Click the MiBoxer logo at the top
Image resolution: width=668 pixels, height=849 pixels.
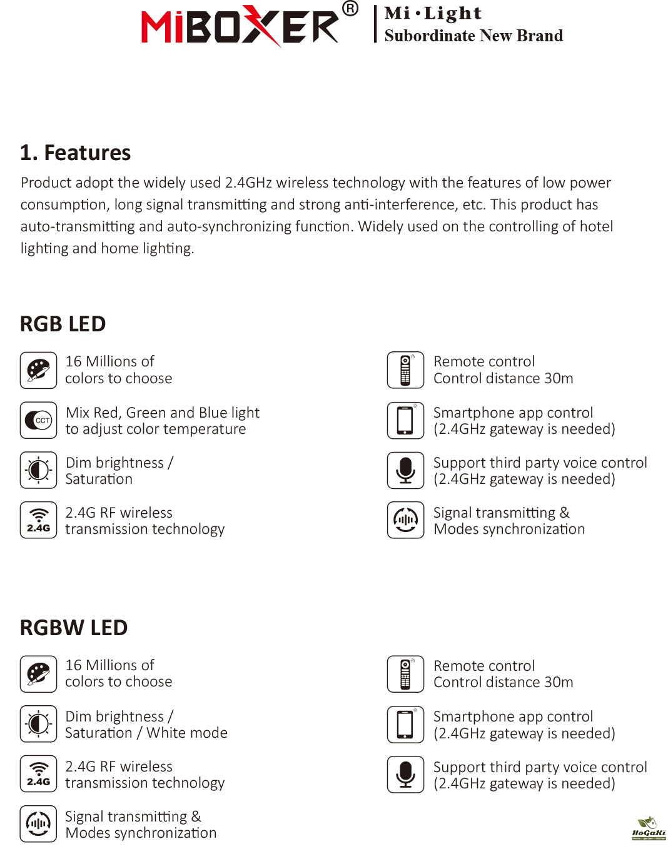241,26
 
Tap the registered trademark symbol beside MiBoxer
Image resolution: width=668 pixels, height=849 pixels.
350,9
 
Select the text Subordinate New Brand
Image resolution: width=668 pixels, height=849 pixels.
473,36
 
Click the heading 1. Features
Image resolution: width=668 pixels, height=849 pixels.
75,153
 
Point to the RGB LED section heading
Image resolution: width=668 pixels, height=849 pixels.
63,324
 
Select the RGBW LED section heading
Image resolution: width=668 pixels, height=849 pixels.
74,628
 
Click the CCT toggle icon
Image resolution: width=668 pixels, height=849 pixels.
38,420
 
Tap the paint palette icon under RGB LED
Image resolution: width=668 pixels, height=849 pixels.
38,370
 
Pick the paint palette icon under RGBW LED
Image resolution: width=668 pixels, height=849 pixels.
38,674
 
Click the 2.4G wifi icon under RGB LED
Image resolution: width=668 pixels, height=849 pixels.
38,520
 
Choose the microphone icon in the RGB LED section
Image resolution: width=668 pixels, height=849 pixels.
405,470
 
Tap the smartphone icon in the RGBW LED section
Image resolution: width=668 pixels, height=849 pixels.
405,725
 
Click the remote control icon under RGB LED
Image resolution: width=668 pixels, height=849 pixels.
405,370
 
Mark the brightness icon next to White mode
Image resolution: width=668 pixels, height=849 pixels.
38,724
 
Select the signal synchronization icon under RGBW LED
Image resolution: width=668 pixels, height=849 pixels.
38,824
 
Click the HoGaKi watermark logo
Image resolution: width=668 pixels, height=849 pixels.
649,828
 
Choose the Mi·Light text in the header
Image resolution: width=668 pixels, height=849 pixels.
433,13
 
